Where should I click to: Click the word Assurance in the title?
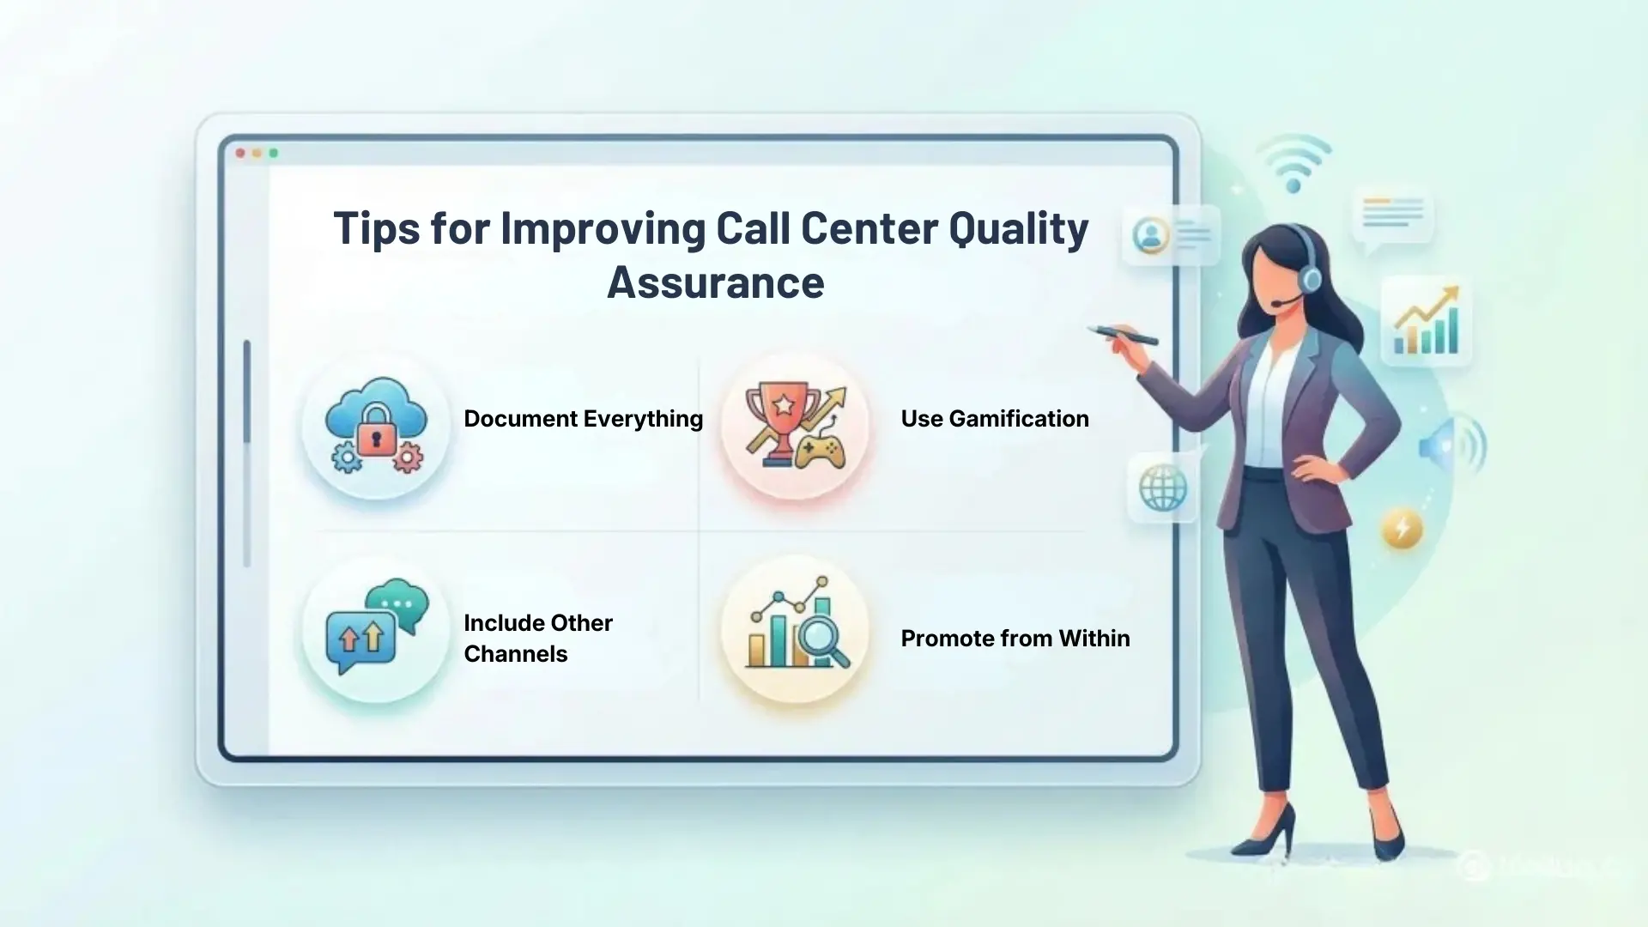[x=715, y=282]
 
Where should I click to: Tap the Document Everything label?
[x=583, y=419]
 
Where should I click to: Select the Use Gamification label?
[x=994, y=419]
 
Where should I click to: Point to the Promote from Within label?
[x=1015, y=639]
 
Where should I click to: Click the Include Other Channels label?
[x=538, y=638]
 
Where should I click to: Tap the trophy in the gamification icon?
[x=779, y=416]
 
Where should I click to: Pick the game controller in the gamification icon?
[x=819, y=450]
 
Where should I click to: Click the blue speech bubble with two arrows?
[x=360, y=640]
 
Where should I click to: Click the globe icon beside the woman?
[x=1163, y=489]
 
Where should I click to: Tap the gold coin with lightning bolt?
[x=1402, y=528]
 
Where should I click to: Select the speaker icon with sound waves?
[x=1451, y=445]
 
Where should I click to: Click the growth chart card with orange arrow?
[x=1426, y=321]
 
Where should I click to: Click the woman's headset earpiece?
[x=1310, y=276]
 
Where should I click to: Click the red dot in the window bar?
[x=240, y=154]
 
